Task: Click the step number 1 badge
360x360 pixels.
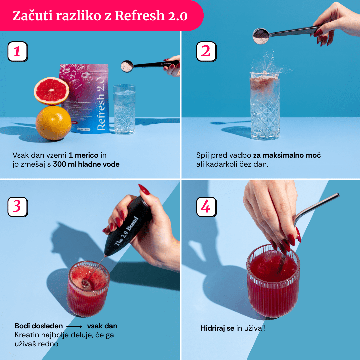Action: pos(17,51)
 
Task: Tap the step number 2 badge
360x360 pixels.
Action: pos(206,51)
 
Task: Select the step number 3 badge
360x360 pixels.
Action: pos(17,207)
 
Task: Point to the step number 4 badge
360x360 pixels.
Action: pos(206,207)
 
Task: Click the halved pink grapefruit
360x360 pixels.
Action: pos(51,91)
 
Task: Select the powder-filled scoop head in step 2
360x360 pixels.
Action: pos(261,36)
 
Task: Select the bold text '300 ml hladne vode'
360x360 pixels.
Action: pos(86,164)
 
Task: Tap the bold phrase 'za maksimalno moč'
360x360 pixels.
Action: pos(287,155)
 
